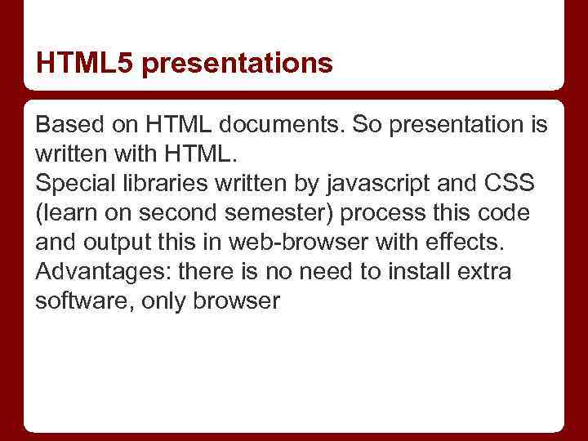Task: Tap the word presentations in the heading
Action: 237,64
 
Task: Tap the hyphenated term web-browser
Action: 294,242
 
